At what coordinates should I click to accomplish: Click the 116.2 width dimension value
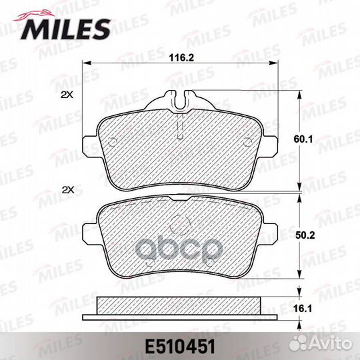pyautogui.click(x=181, y=57)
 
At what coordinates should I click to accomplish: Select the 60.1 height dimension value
pyautogui.click(x=303, y=139)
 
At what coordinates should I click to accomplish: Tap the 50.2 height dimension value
pyautogui.click(x=305, y=235)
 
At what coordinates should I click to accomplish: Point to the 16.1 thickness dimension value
pyautogui.click(x=303, y=309)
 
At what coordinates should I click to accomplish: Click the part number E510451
pyautogui.click(x=180, y=347)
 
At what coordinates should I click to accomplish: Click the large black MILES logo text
pyautogui.click(x=65, y=29)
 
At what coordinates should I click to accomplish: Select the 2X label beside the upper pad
pyautogui.click(x=67, y=95)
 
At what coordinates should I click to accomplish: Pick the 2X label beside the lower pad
pyautogui.click(x=69, y=190)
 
